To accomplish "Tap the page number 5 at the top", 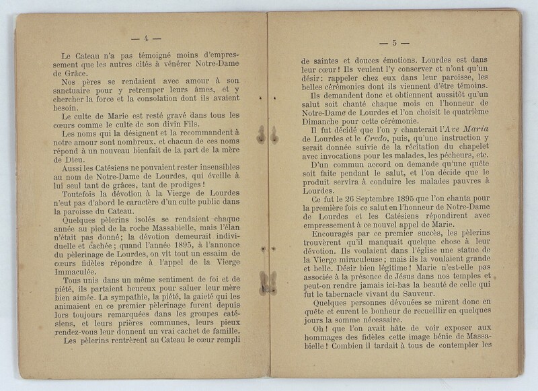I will click(x=398, y=43).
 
